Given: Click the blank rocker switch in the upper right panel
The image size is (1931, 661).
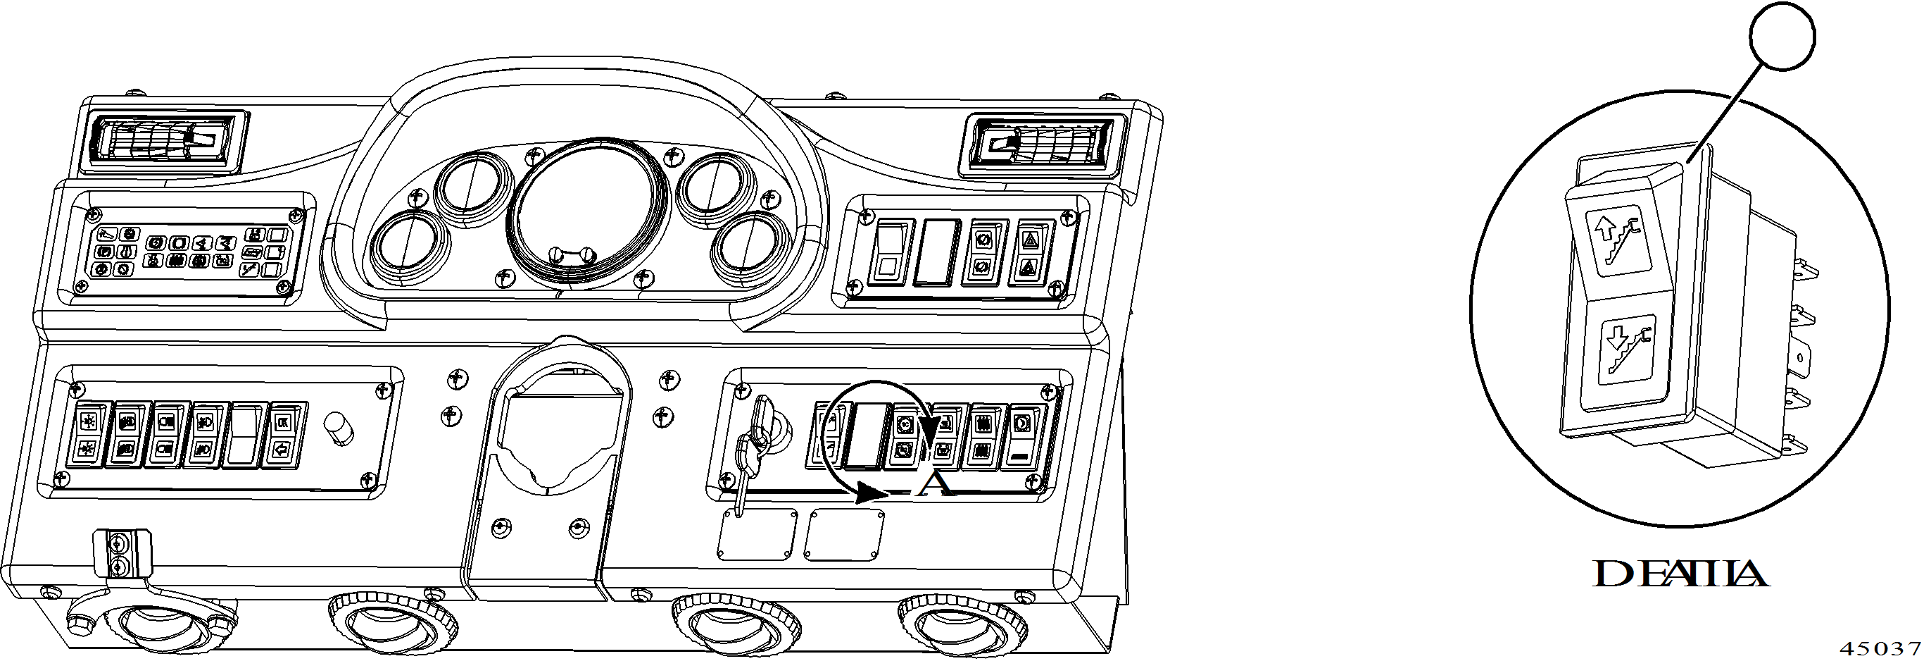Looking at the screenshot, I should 936,252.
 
